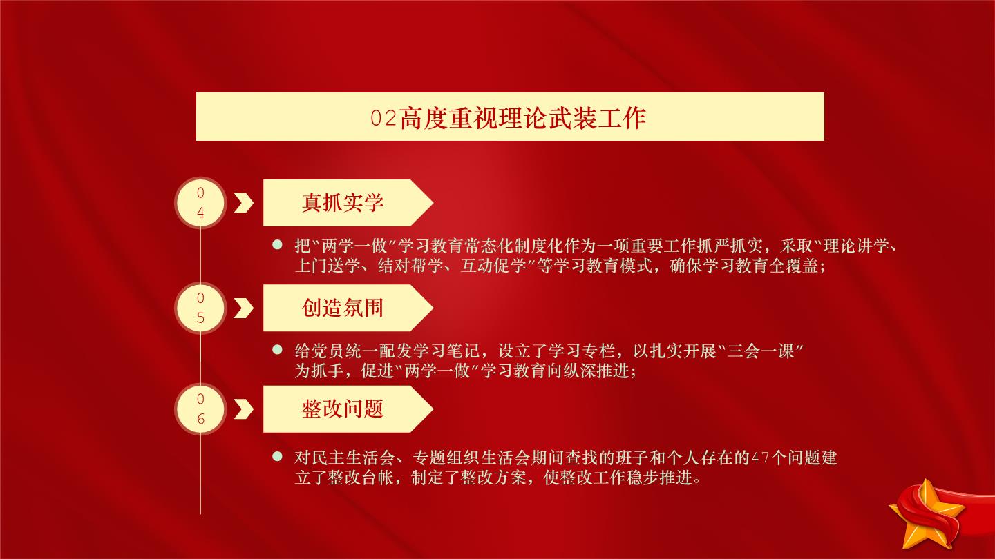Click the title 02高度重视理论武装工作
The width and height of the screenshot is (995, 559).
[x=508, y=118]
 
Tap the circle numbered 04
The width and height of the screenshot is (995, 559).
[x=200, y=203]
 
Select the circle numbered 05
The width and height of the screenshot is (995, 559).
[x=200, y=308]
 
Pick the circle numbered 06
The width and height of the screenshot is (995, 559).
[x=200, y=409]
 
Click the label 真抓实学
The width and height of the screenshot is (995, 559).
[x=343, y=203]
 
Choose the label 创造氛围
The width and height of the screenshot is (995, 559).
[x=343, y=308]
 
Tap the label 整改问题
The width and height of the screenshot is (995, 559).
[x=343, y=409]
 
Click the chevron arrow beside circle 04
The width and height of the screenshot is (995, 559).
[x=243, y=203]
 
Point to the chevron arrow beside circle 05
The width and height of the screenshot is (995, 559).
[x=243, y=308]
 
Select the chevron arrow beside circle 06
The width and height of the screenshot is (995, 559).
[x=243, y=409]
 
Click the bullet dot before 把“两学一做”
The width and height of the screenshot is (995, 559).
[x=277, y=244]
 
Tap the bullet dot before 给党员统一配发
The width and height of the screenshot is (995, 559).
[x=277, y=350]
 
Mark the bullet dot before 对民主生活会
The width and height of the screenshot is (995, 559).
[x=277, y=456]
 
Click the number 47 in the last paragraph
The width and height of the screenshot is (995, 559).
[x=760, y=458]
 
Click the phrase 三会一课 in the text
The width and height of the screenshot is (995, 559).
[x=761, y=351]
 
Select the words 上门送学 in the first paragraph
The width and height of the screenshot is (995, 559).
[x=328, y=266]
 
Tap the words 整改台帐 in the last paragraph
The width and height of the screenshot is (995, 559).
[x=360, y=478]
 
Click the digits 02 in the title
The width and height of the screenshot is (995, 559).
[x=383, y=119]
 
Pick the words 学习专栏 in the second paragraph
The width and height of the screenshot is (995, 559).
[x=582, y=351]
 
